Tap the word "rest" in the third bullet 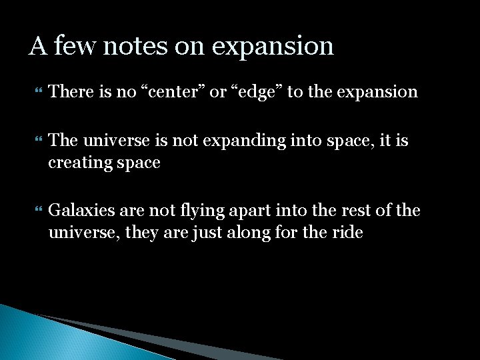351,211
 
